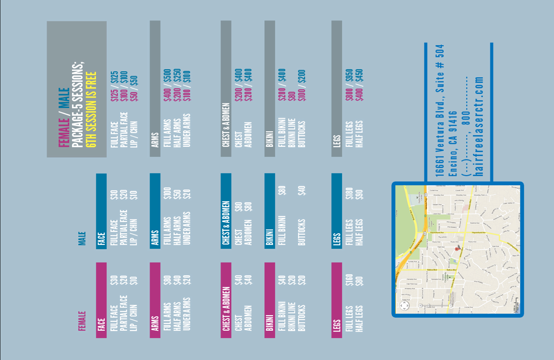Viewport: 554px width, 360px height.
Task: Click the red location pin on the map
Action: coord(457,249)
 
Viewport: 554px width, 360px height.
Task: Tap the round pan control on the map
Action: coord(404,306)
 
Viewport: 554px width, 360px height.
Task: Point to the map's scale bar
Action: coord(516,305)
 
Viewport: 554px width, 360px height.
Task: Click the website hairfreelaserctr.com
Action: coord(478,126)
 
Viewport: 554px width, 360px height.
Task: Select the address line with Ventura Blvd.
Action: coord(440,110)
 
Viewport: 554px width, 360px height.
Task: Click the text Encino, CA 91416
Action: coord(452,144)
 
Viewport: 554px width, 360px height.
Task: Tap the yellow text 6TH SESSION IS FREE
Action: coord(91,109)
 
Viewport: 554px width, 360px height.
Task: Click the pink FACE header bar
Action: coord(101,300)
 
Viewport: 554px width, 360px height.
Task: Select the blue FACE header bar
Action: coord(101,211)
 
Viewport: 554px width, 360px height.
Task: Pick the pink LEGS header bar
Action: coord(337,300)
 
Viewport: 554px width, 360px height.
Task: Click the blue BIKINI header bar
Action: coord(270,211)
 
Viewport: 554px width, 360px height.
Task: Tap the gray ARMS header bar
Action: coord(155,88)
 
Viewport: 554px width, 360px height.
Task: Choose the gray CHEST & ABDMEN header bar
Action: coord(226,88)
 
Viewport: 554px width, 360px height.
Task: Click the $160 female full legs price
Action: coord(349,280)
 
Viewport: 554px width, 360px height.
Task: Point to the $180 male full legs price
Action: coord(349,193)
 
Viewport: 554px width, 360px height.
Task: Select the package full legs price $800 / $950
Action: coord(349,85)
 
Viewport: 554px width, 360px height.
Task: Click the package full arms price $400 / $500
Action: coord(167,85)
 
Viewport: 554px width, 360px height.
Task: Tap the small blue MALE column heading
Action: coord(82,238)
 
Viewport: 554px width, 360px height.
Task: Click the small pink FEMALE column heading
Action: coord(82,321)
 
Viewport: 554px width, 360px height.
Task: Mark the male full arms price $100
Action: coord(167,193)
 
